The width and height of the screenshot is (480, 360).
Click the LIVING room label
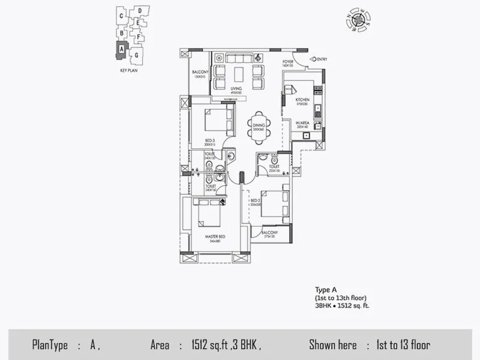point(236,89)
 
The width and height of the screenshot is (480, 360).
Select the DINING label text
point(259,125)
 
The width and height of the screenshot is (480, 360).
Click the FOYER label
point(289,61)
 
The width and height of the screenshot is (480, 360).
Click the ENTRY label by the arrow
point(322,59)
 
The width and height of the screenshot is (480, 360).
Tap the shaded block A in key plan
point(121,49)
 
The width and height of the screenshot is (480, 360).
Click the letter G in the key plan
point(137,55)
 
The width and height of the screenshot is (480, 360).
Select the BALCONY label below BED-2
point(269,233)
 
